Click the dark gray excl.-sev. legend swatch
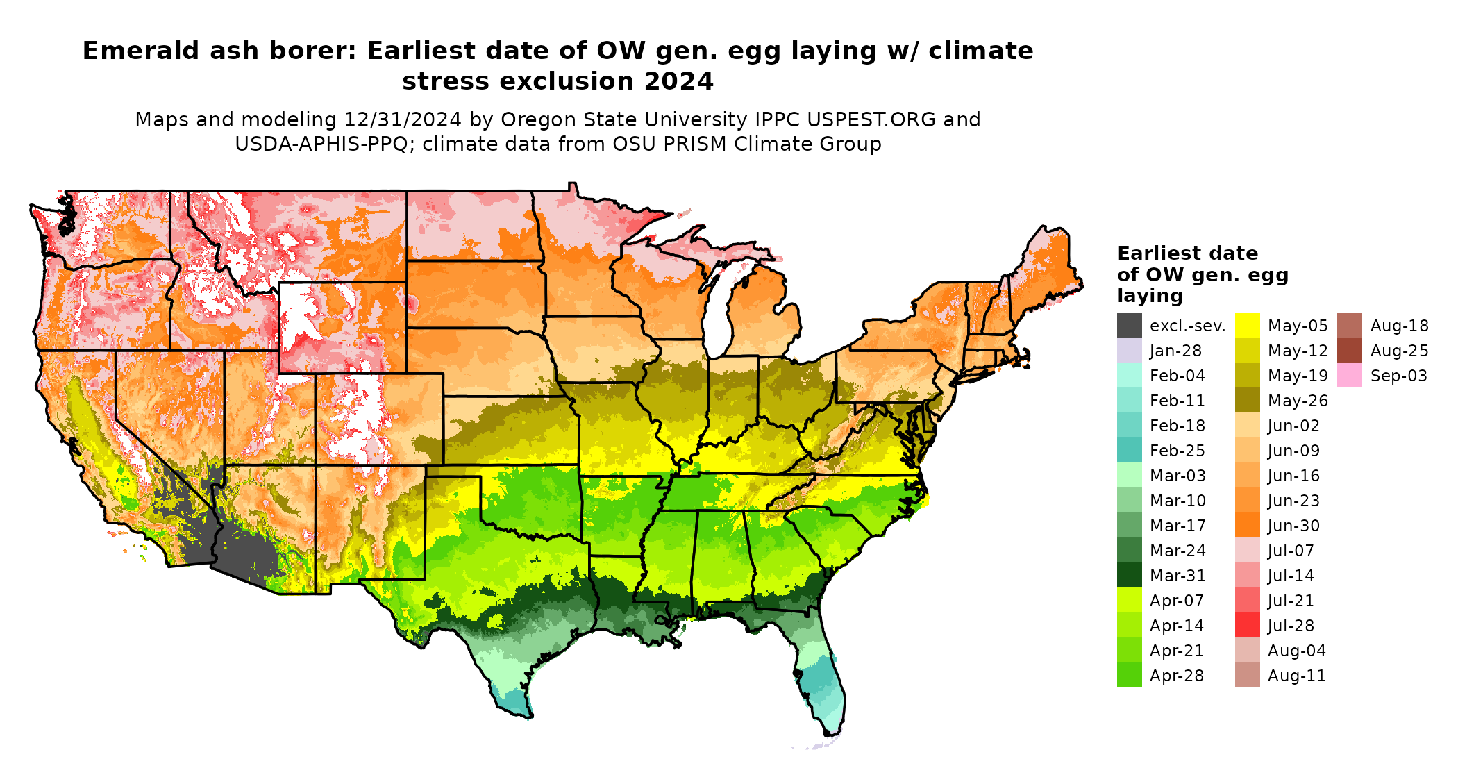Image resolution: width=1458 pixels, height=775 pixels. pos(1129,326)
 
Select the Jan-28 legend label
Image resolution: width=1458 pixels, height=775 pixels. pos(1175,351)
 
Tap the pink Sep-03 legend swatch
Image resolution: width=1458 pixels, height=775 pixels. pos(1349,376)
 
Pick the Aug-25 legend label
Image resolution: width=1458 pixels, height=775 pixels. pos(1399,351)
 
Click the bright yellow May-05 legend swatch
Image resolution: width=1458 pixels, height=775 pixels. pos(1247,326)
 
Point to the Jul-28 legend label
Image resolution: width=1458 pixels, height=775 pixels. pos(1291,626)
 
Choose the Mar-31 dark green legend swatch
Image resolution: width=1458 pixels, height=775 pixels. pos(1129,576)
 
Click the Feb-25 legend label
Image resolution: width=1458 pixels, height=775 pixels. pos(1177,451)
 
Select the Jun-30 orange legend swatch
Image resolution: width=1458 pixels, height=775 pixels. pos(1247,526)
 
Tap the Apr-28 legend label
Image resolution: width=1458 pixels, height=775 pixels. pos(1176,676)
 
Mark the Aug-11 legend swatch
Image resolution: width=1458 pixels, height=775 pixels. pos(1247,676)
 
